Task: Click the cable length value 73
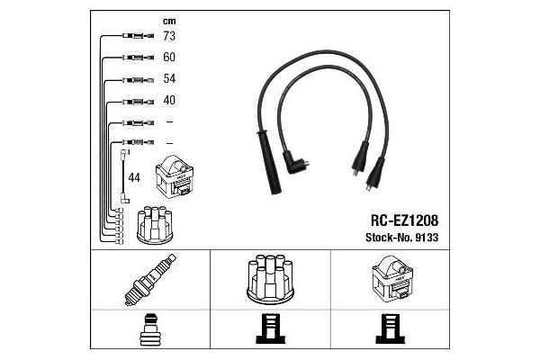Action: pyautogui.click(x=169, y=36)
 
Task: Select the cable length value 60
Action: pyautogui.click(x=169, y=57)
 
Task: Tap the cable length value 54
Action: pyautogui.click(x=169, y=78)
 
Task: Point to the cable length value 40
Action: pyautogui.click(x=169, y=100)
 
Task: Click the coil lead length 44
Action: pyautogui.click(x=134, y=177)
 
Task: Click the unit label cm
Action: pyautogui.click(x=169, y=22)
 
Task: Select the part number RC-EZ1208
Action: pyautogui.click(x=404, y=220)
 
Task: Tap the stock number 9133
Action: pyautogui.click(x=427, y=238)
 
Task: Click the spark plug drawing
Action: pyautogui.click(x=150, y=280)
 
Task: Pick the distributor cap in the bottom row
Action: pyautogui.click(x=270, y=279)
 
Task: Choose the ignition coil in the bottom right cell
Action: pyautogui.click(x=392, y=278)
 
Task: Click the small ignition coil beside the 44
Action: pyautogui.click(x=175, y=176)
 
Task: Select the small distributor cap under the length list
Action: pyautogui.click(x=155, y=225)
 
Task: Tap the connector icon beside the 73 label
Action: pyautogui.click(x=138, y=35)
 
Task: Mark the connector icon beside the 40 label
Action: pyautogui.click(x=138, y=102)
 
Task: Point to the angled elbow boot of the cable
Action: pyautogui.click(x=295, y=163)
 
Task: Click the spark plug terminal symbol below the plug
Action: pyautogui.click(x=150, y=329)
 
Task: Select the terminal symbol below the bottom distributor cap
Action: pyautogui.click(x=270, y=328)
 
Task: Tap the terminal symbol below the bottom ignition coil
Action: pyautogui.click(x=391, y=328)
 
